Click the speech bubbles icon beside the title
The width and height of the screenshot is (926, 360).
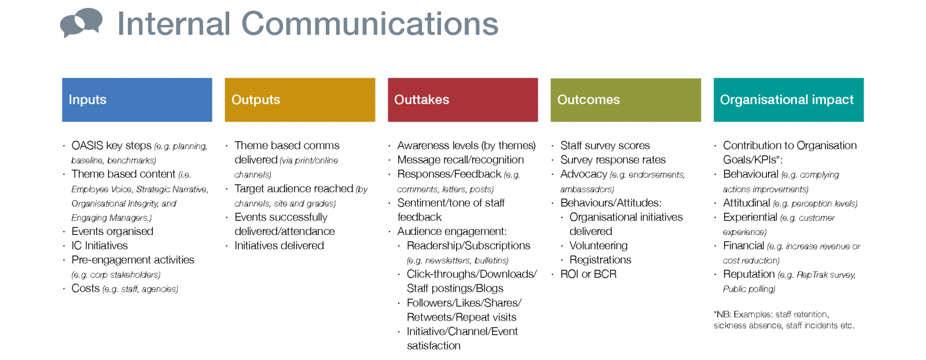(x=81, y=23)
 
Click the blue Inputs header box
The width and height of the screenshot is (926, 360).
(x=137, y=100)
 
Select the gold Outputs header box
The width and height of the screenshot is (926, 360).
(x=300, y=100)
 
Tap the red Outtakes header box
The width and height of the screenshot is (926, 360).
(x=462, y=100)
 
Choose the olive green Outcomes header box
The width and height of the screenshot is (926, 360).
(x=626, y=100)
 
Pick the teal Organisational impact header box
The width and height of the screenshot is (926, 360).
(x=788, y=100)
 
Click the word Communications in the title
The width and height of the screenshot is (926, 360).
(x=369, y=24)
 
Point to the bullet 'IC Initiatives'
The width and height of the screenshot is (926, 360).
(x=99, y=245)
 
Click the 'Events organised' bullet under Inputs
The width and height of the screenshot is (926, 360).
(x=112, y=232)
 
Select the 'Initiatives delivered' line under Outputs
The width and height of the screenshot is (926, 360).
(x=279, y=245)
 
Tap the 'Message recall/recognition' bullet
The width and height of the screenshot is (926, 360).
(x=460, y=160)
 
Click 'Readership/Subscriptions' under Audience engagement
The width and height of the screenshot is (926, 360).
(x=468, y=245)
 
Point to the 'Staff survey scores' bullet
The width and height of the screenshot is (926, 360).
(x=605, y=145)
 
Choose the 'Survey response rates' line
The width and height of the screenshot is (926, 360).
(x=613, y=160)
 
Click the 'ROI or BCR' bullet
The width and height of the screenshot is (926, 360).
(x=588, y=274)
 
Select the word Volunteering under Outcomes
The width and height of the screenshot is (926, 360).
(x=598, y=245)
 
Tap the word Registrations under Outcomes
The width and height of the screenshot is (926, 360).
(x=600, y=260)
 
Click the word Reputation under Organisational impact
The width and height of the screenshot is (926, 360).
(x=748, y=274)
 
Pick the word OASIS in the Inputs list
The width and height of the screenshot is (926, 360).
(x=87, y=145)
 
